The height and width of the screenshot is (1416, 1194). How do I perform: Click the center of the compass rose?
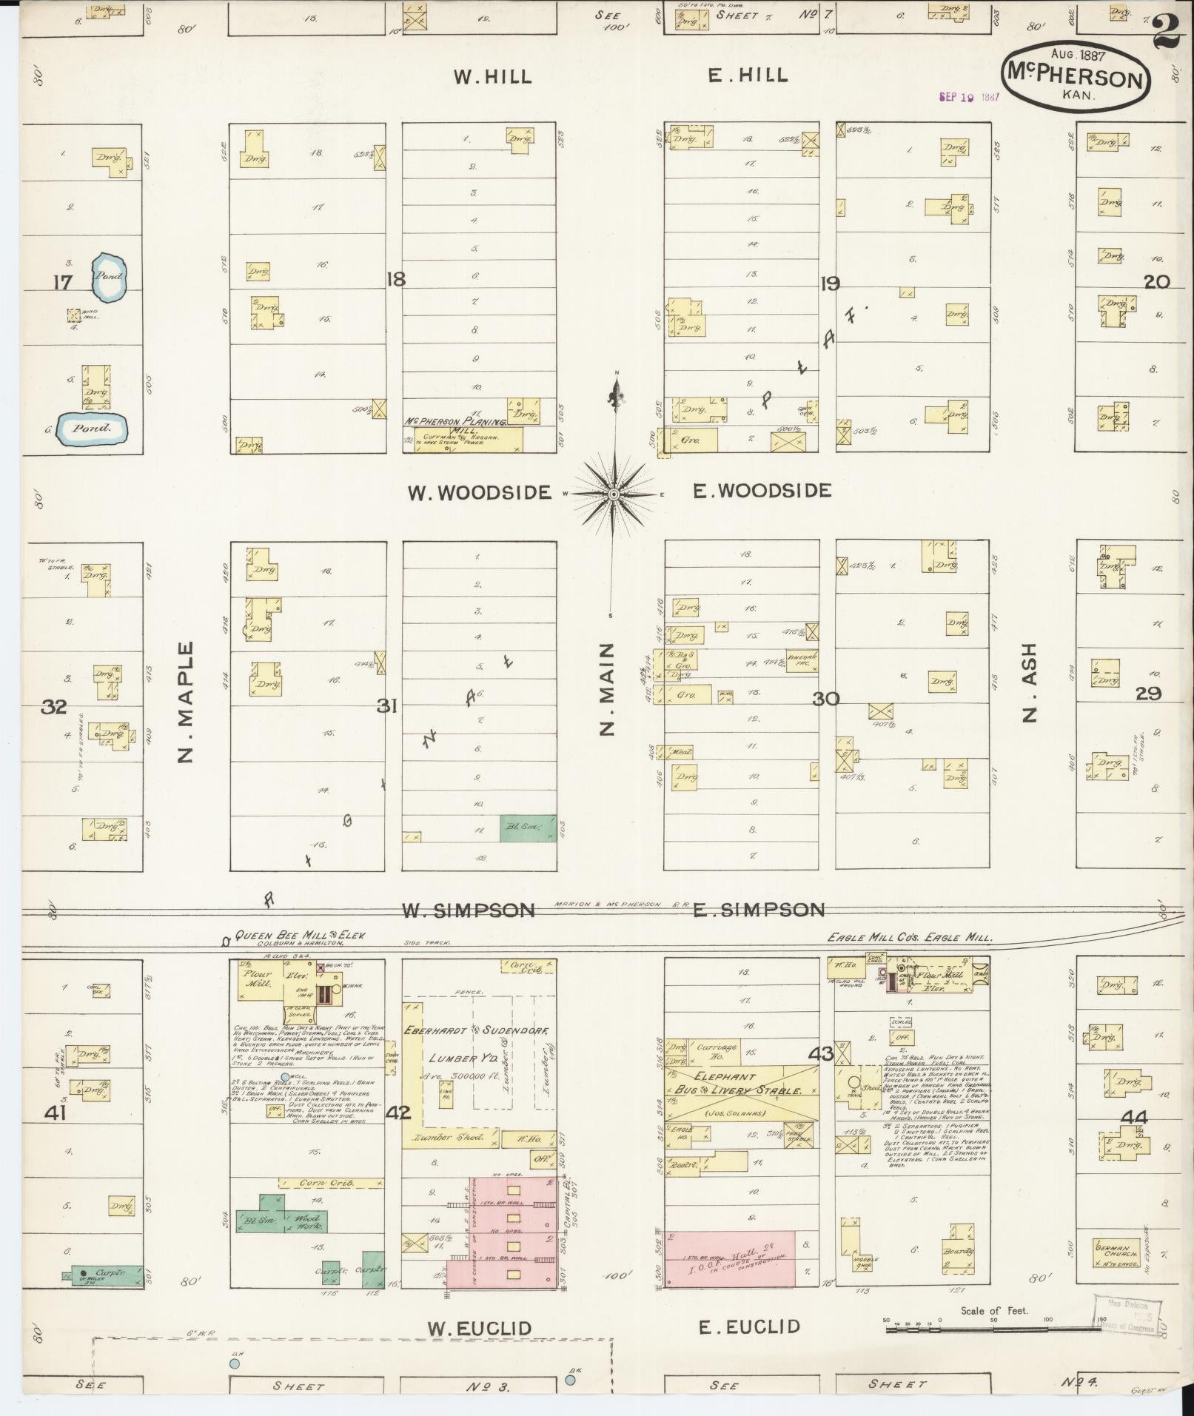[614, 493]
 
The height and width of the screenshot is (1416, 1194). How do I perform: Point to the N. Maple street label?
[185, 702]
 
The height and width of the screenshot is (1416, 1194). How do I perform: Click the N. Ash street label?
[1030, 682]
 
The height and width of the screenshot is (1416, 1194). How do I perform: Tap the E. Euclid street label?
[749, 1326]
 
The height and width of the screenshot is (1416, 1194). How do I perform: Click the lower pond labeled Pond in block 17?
[93, 428]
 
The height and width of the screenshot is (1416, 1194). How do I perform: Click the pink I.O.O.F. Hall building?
[730, 1258]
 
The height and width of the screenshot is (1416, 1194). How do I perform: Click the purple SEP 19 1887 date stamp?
[969, 97]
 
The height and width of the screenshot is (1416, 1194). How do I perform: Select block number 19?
[829, 282]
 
